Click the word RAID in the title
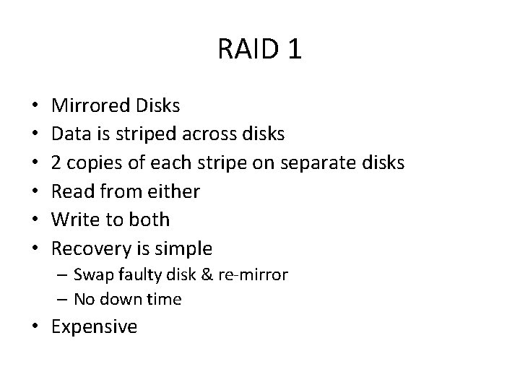click(245, 50)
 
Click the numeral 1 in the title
click(294, 50)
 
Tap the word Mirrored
click(90, 105)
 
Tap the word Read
click(72, 191)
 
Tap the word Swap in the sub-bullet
click(92, 274)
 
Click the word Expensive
click(95, 326)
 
